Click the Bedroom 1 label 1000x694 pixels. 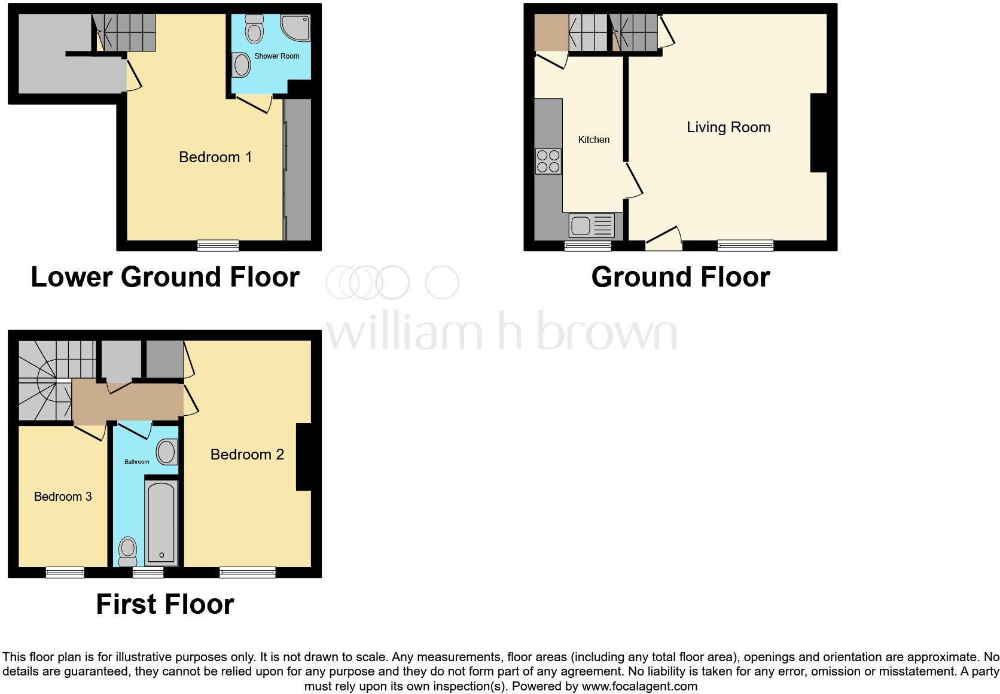pyautogui.click(x=215, y=157)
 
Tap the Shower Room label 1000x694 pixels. pyautogui.click(x=276, y=56)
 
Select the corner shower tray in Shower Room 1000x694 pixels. pyautogui.click(x=296, y=28)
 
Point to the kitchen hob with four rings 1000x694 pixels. pyautogui.click(x=548, y=161)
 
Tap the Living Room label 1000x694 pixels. pyautogui.click(x=728, y=127)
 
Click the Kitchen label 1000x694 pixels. pyautogui.click(x=593, y=140)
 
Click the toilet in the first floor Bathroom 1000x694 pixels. pyautogui.click(x=128, y=550)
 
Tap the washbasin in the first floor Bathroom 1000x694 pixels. pyautogui.click(x=167, y=452)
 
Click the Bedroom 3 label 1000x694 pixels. pyautogui.click(x=63, y=497)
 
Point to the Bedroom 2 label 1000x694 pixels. pyautogui.click(x=247, y=455)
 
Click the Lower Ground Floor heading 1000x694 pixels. pyautogui.click(x=165, y=277)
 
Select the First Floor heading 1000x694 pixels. pyautogui.click(x=165, y=604)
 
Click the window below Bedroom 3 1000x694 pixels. pyautogui.click(x=65, y=573)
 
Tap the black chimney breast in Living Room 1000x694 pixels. pyautogui.click(x=818, y=133)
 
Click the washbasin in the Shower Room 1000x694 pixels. pyautogui.click(x=242, y=65)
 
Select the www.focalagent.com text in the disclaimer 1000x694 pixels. pyautogui.click(x=639, y=686)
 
